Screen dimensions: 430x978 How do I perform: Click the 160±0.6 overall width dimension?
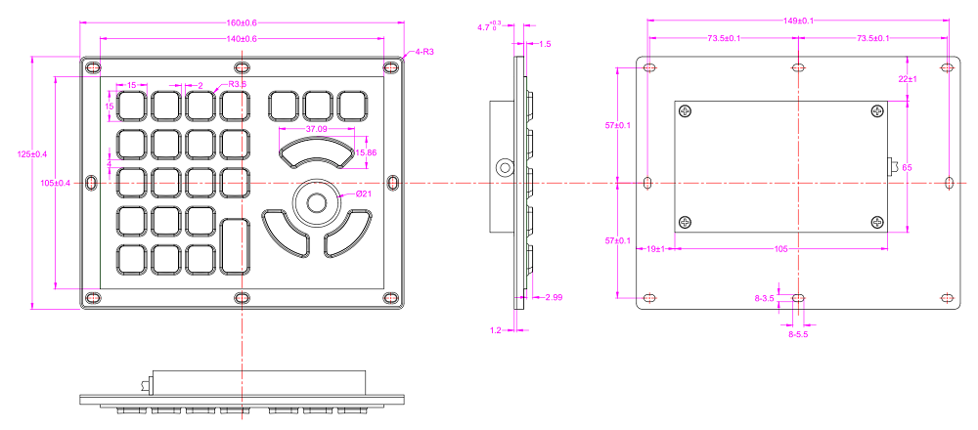(242, 22)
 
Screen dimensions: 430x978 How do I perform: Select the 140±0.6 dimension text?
(242, 39)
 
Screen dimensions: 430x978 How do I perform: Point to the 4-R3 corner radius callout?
(424, 51)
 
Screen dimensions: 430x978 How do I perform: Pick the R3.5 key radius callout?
(238, 84)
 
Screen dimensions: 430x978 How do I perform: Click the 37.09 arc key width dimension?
(316, 129)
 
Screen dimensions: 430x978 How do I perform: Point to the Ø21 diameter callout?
(363, 193)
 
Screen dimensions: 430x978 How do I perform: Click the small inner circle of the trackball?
(317, 202)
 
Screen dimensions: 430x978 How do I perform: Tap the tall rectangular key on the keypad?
(236, 248)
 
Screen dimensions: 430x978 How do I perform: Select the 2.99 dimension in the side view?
(553, 296)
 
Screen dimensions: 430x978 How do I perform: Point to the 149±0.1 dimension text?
(798, 20)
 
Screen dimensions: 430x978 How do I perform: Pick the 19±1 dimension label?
(655, 249)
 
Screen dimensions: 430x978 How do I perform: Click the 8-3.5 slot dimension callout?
(764, 297)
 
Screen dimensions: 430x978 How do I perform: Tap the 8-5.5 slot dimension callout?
(800, 334)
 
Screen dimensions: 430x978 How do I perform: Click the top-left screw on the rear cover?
(685, 111)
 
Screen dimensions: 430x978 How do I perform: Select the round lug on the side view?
(504, 167)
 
